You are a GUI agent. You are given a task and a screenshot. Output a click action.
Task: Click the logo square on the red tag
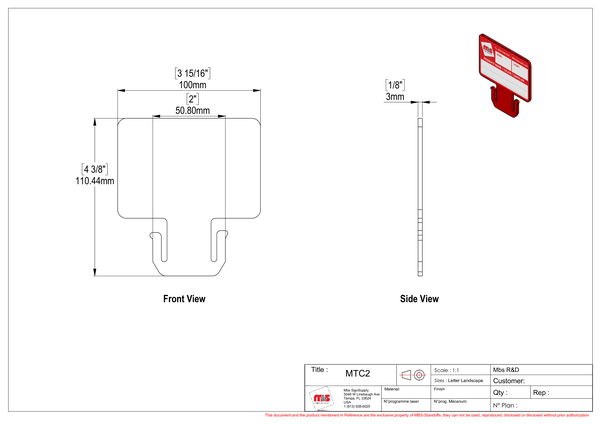(487, 48)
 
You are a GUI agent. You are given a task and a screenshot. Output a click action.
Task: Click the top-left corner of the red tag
(478, 32)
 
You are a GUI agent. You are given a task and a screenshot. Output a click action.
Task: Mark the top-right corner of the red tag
(533, 59)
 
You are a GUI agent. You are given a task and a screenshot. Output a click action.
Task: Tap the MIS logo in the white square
(322, 399)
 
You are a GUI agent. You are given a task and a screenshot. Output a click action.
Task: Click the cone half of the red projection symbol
(405, 375)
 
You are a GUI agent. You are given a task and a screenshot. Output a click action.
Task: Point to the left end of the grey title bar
(303, 364)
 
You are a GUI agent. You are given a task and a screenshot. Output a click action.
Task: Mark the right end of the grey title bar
(591, 364)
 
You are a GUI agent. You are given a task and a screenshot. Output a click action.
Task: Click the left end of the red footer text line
(263, 414)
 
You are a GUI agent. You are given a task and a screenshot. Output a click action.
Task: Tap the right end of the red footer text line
(591, 414)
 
